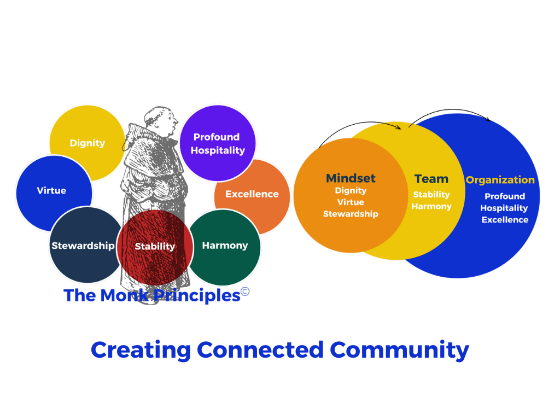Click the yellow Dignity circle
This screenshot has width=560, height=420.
(87, 142)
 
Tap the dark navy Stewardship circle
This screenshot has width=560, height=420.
(84, 246)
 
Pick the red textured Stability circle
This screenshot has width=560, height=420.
(155, 247)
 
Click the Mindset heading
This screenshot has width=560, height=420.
(351, 178)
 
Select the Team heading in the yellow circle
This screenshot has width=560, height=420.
(431, 179)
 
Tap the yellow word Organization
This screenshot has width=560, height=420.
(500, 180)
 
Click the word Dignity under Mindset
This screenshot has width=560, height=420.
(351, 191)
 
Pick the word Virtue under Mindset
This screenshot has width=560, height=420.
(351, 202)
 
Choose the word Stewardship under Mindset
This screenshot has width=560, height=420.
(351, 214)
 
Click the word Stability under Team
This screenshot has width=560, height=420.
(431, 195)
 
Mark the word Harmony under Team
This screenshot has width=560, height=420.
(431, 207)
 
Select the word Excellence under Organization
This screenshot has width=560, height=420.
(505, 220)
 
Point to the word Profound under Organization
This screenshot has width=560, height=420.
(505, 196)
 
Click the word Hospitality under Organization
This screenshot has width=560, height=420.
(504, 208)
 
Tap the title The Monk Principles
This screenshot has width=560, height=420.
(156, 295)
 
